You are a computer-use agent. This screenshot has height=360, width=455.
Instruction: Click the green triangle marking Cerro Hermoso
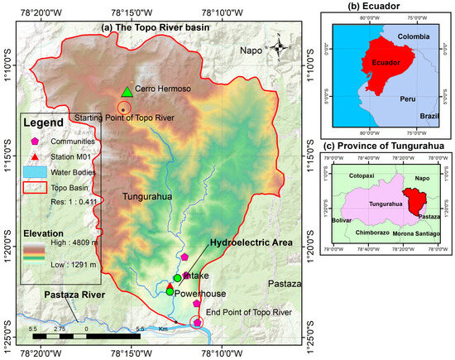pos(126,91)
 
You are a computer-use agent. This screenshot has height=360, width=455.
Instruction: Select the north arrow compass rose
pos(278,46)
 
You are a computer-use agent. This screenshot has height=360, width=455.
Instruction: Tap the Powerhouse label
pos(200,293)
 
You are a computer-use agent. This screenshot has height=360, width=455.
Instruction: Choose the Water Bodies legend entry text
pos(69,173)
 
